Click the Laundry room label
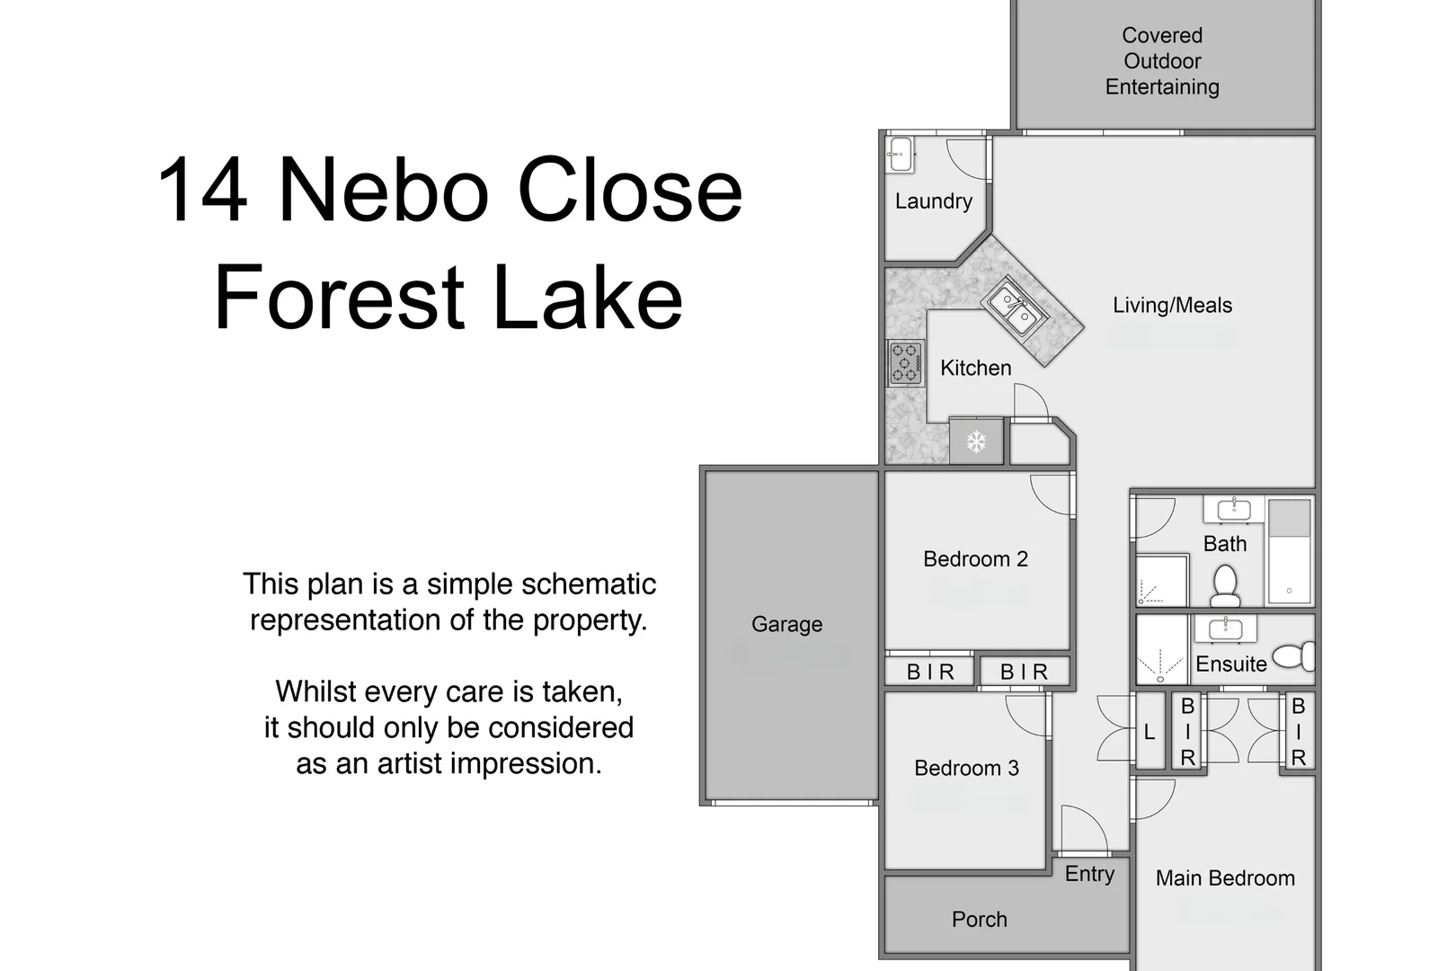933,200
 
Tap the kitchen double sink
1012,307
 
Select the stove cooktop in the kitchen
906,363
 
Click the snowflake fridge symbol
976,441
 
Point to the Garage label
786,624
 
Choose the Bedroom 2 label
975,559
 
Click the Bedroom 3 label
966,768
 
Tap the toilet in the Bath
1225,585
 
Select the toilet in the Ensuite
1294,655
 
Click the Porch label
979,919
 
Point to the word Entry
1089,874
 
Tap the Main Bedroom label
1225,878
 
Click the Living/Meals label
1172,306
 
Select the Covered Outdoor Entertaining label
1162,61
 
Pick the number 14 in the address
202,191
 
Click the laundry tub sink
900,154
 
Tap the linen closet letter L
1149,733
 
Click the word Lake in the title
588,298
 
